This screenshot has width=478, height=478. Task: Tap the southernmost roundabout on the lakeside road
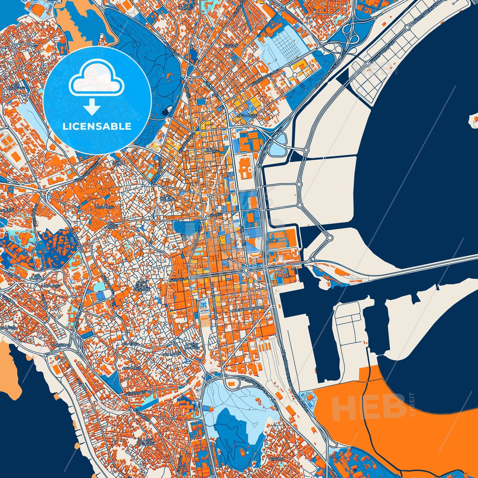tap(329, 238)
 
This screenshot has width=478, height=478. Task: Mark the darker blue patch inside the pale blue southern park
tap(237, 427)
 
